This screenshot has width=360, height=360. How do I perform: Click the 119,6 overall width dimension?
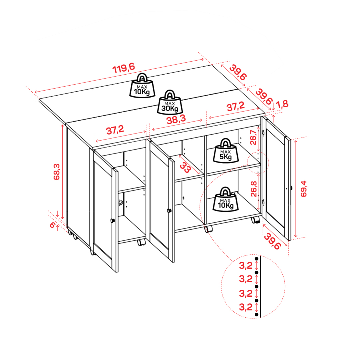(123, 68)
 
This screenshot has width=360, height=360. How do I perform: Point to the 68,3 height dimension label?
(57, 172)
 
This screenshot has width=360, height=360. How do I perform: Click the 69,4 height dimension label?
(303, 188)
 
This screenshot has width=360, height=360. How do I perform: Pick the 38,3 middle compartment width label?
(176, 119)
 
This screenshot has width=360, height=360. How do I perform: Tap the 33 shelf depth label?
(185, 168)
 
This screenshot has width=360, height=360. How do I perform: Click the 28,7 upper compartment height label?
(253, 137)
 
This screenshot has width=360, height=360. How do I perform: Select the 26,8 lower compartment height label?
(253, 189)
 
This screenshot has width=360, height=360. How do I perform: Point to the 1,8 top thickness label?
(282, 104)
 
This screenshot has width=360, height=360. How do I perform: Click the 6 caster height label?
(53, 225)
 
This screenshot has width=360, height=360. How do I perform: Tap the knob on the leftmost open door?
(113, 221)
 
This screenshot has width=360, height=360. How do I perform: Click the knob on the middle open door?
(169, 210)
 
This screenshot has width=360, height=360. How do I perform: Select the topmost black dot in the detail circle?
(257, 259)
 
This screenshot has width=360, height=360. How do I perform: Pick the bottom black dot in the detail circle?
(257, 314)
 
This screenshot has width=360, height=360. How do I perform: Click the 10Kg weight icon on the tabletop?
(142, 85)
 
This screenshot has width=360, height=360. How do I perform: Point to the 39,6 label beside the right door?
(272, 241)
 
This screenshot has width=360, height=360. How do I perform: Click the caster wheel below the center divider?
(209, 229)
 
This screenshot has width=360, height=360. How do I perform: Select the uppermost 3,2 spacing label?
(246, 266)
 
